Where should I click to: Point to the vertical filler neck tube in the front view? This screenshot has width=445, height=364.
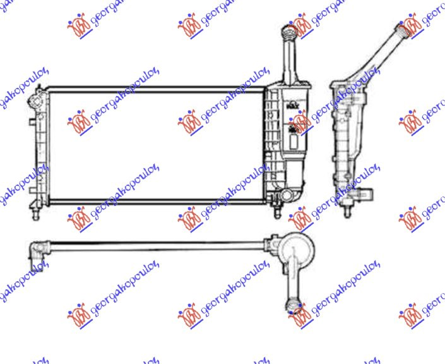point(291,60)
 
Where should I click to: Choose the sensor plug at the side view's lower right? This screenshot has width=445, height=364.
point(370,193)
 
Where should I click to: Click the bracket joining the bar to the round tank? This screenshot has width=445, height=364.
point(273,243)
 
